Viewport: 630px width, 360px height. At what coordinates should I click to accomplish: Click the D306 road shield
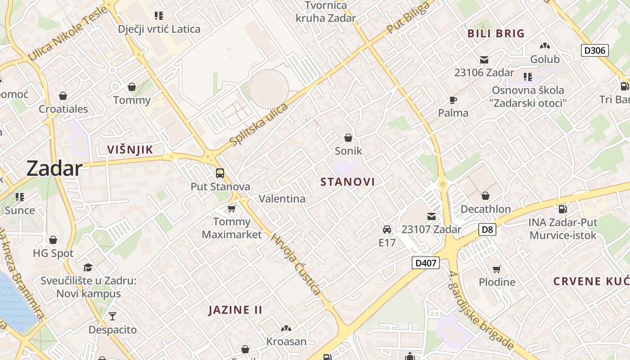(595, 50)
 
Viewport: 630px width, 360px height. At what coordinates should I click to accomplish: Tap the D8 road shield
(487, 229)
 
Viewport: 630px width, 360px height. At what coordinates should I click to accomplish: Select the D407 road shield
(425, 262)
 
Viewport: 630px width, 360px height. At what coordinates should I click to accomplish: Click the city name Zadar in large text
(54, 168)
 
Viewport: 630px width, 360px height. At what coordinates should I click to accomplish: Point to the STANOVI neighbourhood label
(347, 182)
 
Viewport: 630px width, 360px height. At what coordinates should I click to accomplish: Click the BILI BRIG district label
(496, 33)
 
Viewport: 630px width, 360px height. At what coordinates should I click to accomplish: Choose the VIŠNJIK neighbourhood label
(130, 150)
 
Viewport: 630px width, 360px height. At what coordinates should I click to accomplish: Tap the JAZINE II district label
(235, 310)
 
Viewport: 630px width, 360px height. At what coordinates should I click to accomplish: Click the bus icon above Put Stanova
(220, 173)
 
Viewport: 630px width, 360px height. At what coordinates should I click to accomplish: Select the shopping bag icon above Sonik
(348, 137)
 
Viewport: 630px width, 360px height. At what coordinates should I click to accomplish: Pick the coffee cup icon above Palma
(453, 100)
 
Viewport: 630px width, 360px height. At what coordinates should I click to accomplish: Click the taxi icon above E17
(387, 229)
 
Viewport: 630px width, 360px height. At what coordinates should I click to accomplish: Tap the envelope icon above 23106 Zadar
(484, 60)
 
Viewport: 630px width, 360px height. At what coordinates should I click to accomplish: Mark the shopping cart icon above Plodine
(497, 269)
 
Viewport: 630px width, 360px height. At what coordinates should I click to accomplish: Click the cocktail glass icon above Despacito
(112, 316)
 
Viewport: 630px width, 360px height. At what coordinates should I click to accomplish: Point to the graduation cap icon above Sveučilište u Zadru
(88, 267)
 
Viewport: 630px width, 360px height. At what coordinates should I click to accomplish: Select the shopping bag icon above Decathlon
(486, 196)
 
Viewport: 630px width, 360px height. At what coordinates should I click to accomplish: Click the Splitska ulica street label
(258, 125)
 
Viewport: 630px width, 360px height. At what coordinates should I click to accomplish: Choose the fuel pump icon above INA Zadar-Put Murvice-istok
(562, 209)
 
